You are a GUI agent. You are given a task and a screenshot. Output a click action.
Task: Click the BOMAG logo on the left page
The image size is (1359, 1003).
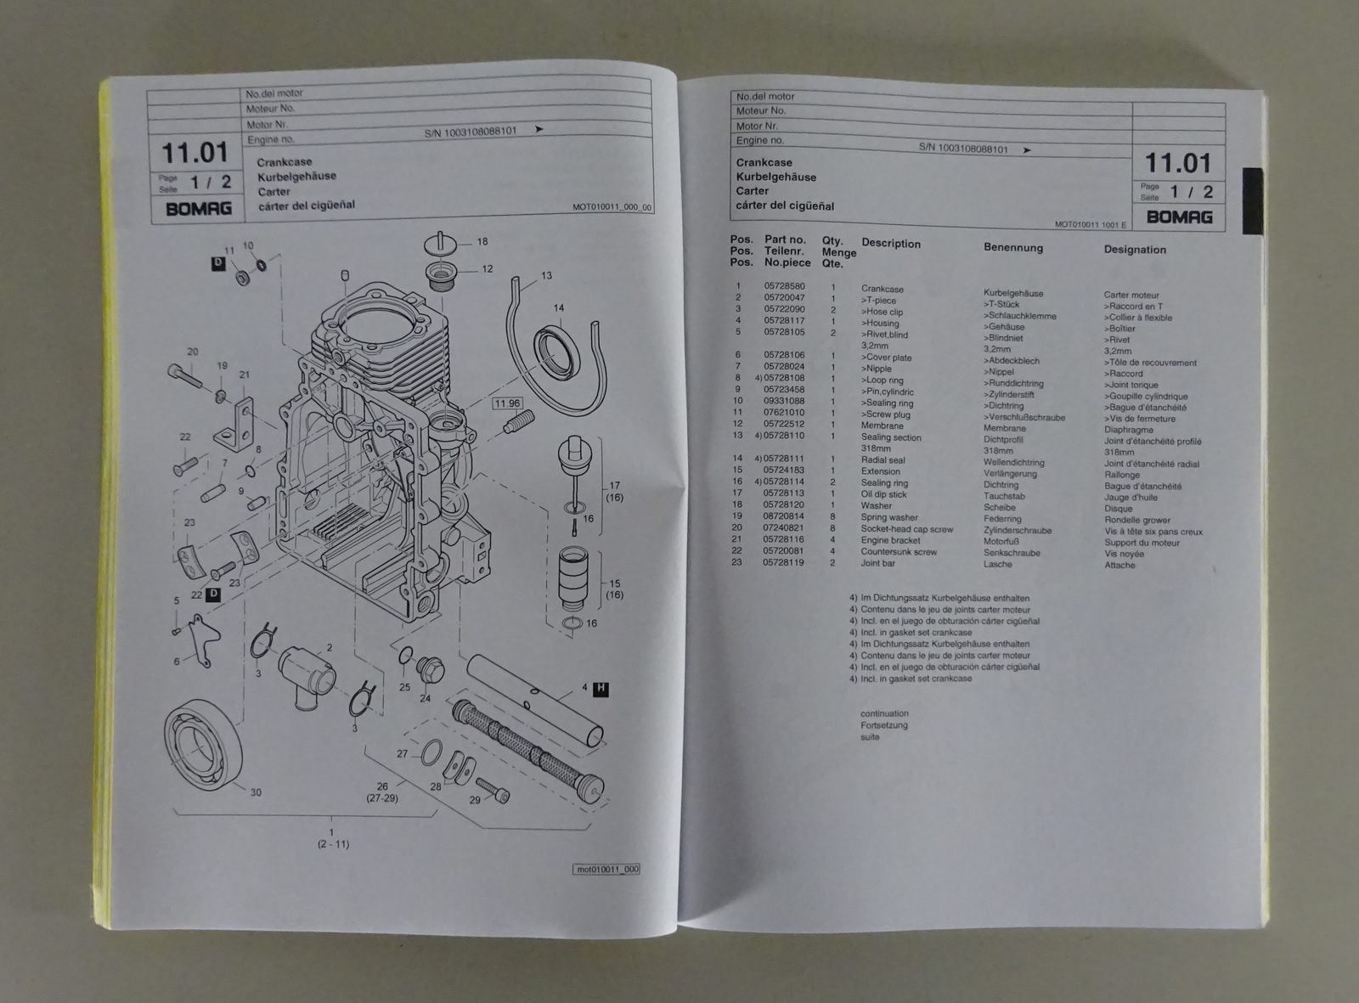click(x=198, y=209)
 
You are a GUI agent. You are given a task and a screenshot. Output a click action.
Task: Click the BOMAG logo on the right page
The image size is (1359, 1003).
click(x=1179, y=217)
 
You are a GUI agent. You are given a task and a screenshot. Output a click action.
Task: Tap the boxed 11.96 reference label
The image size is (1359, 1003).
click(x=508, y=403)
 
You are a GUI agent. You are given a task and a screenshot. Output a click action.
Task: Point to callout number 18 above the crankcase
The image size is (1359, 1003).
click(x=482, y=242)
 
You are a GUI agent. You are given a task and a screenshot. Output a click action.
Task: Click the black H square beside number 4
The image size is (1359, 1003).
click(x=601, y=689)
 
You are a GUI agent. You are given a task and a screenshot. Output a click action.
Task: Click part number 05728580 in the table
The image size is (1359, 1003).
click(x=784, y=287)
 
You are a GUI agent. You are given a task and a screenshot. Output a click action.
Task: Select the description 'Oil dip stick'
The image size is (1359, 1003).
click(x=883, y=494)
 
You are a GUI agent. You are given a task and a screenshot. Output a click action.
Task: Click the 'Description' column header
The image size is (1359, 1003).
click(x=890, y=244)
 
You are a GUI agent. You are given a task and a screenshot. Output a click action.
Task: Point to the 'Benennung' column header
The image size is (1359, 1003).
click(x=1012, y=248)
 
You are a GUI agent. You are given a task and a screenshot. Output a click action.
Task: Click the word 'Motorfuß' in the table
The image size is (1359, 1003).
click(x=1001, y=541)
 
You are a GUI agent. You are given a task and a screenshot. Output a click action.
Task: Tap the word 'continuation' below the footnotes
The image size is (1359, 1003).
click(x=884, y=713)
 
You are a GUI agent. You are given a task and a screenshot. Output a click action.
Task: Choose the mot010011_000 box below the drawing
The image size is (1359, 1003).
click(x=606, y=870)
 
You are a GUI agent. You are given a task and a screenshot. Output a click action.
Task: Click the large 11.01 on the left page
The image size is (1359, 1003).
click(x=195, y=154)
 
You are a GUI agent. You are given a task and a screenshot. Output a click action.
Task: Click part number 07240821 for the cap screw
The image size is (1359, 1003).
click(x=783, y=528)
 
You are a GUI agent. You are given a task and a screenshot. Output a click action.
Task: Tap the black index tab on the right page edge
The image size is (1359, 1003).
click(x=1253, y=200)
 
